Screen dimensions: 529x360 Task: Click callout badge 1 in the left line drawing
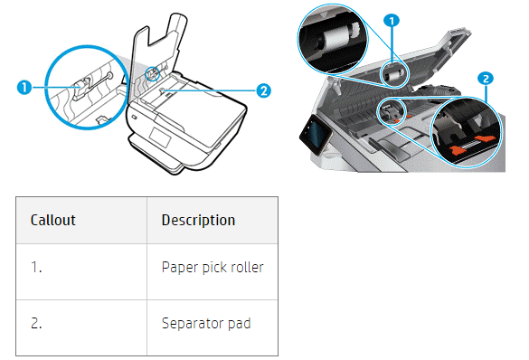pyautogui.click(x=24, y=88)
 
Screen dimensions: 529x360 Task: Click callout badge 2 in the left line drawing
pyautogui.click(x=263, y=90)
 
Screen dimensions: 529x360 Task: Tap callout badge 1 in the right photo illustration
pyautogui.click(x=392, y=21)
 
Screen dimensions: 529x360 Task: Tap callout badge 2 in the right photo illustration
pyautogui.click(x=486, y=79)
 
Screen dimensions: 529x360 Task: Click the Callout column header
pyautogui.click(x=81, y=221)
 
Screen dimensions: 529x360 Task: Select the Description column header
pyautogui.click(x=213, y=221)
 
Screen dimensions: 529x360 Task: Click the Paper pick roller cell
pyautogui.click(x=213, y=271)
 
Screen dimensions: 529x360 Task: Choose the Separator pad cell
pyautogui.click(x=213, y=327)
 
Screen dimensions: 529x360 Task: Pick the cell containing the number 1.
pyautogui.click(x=81, y=271)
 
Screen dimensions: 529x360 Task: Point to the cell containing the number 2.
pyautogui.click(x=81, y=327)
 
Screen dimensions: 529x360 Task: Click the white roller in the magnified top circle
pyautogui.click(x=335, y=37)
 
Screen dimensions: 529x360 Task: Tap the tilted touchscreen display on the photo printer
pyautogui.click(x=316, y=134)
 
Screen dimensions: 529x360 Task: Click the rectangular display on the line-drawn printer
pyautogui.click(x=161, y=137)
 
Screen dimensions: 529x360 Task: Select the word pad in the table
pyautogui.click(x=240, y=324)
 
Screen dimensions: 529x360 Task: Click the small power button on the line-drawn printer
pyautogui.click(x=135, y=118)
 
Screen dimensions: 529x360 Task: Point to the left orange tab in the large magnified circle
pyautogui.click(x=458, y=149)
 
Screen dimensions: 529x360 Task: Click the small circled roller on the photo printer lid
pyautogui.click(x=393, y=75)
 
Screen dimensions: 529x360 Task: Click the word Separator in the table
pyautogui.click(x=193, y=324)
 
